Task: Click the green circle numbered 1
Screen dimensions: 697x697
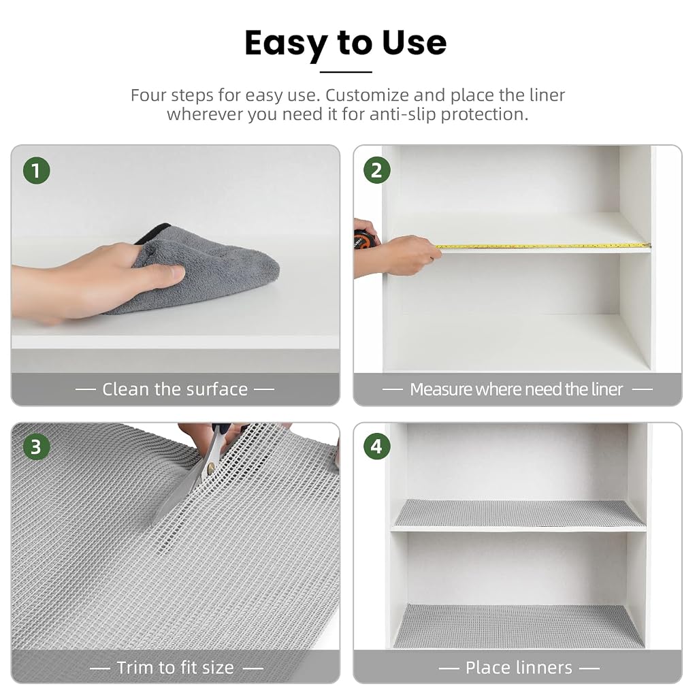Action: pyautogui.click(x=37, y=171)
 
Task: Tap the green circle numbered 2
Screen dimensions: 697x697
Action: pyautogui.click(x=376, y=171)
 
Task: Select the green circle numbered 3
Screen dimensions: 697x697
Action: pyautogui.click(x=37, y=447)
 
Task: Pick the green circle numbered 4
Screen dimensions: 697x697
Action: pyautogui.click(x=376, y=447)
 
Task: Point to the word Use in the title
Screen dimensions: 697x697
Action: pyautogui.click(x=415, y=43)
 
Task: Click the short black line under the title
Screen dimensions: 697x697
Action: pyautogui.click(x=346, y=71)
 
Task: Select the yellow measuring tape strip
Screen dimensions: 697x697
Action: pyautogui.click(x=542, y=245)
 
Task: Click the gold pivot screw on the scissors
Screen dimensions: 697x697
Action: pyautogui.click(x=211, y=467)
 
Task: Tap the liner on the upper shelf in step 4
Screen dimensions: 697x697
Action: pyautogui.click(x=519, y=513)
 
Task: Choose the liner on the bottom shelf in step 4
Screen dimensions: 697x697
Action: pyautogui.click(x=519, y=626)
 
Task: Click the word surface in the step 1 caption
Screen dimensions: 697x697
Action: pyautogui.click(x=217, y=389)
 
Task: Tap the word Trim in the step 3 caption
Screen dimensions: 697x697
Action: pyautogui.click(x=134, y=667)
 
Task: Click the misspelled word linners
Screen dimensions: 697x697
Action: pyautogui.click(x=540, y=667)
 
